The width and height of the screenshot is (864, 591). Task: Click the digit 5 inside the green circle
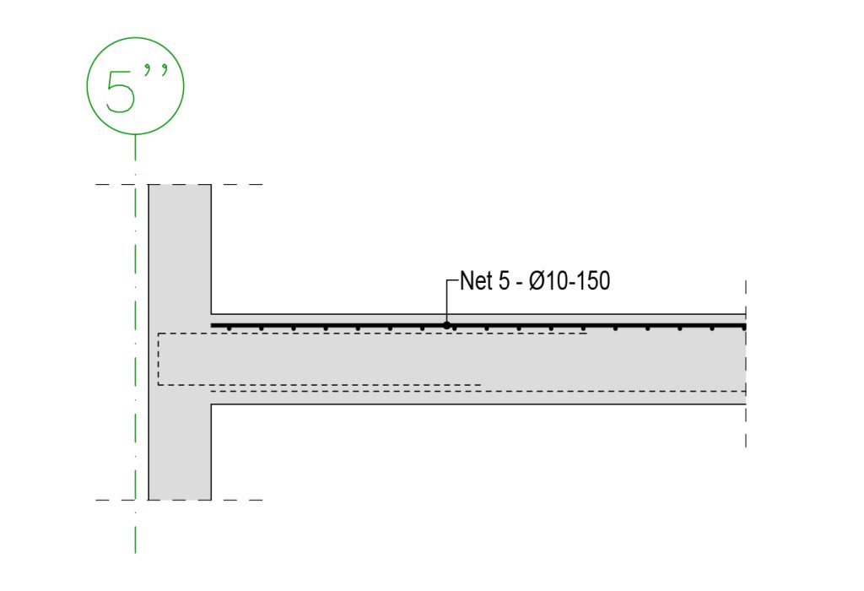point(120,91)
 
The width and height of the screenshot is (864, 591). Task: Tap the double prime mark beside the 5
point(156,72)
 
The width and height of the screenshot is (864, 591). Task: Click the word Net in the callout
point(476,280)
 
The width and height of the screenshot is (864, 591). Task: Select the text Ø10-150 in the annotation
point(570,280)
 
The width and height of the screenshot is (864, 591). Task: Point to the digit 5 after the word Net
point(505,280)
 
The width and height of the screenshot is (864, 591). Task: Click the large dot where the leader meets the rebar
point(446,325)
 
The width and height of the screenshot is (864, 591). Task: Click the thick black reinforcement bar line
point(478,326)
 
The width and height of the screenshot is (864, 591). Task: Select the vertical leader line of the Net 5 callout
point(446,301)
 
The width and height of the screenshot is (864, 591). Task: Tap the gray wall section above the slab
point(180,249)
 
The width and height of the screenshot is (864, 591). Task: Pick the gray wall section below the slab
point(180,452)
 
